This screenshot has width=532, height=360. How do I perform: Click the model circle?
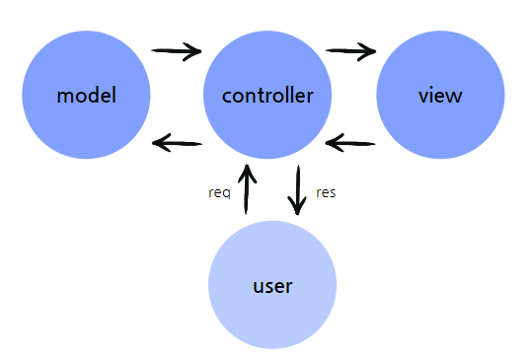(86, 96)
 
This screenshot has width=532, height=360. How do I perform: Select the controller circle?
(267, 96)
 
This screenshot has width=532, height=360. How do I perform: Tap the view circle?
(440, 96)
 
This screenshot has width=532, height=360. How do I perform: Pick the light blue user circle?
(272, 285)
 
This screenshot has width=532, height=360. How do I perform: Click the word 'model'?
(86, 96)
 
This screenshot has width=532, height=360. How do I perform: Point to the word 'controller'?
(267, 96)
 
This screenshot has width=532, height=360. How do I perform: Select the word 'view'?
(440, 96)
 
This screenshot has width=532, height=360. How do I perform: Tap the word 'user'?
(272, 287)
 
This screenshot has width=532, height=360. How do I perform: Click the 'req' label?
(219, 192)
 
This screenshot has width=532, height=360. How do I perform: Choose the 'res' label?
(326, 192)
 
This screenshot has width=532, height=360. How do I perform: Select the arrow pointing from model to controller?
(177, 50)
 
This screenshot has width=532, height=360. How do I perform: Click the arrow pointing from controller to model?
(178, 144)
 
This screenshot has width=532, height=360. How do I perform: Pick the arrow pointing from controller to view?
(352, 50)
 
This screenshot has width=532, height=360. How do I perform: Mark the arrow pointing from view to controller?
(350, 144)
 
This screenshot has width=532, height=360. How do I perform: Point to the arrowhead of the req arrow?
(248, 174)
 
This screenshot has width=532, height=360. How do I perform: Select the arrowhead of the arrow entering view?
(369, 51)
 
